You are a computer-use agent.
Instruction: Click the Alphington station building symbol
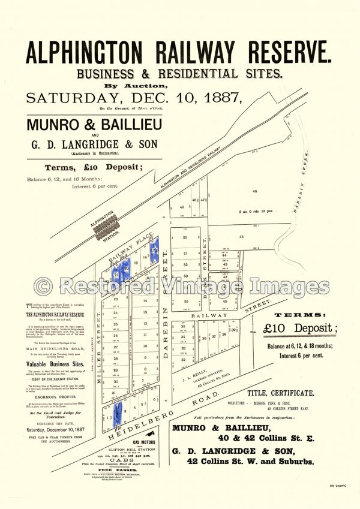[106, 227]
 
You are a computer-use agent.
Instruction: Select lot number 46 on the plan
[254, 191]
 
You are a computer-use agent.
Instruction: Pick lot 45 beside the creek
[242, 236]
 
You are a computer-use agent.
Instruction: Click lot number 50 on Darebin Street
[185, 238]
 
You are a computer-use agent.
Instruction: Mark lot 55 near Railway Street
[186, 300]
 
